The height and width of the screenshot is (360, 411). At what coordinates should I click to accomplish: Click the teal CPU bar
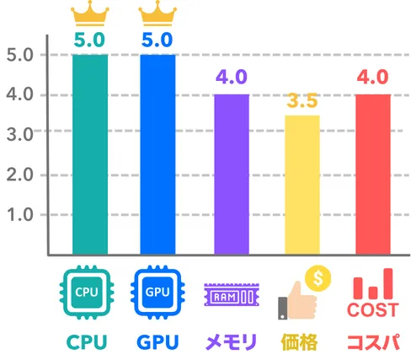click(90, 154)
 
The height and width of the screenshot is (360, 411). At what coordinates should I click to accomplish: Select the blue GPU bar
click(157, 154)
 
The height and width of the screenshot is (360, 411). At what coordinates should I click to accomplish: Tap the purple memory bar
click(232, 175)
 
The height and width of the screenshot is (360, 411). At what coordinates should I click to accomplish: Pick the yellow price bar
click(302, 185)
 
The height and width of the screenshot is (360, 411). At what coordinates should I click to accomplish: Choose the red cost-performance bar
click(373, 175)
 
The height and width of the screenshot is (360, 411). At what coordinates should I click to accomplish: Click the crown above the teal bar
click(90, 13)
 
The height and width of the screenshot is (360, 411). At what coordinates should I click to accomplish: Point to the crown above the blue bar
click(157, 13)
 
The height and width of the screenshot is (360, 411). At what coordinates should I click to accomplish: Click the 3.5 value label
click(302, 100)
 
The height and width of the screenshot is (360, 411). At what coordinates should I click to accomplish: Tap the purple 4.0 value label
click(232, 77)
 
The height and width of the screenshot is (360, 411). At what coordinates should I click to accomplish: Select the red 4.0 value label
click(373, 77)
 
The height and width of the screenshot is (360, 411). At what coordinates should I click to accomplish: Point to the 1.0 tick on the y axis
click(20, 215)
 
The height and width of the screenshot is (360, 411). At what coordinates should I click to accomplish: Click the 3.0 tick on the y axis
click(20, 134)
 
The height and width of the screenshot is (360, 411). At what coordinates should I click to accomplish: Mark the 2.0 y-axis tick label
click(20, 175)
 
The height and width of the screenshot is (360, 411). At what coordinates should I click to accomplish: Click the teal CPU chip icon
click(87, 293)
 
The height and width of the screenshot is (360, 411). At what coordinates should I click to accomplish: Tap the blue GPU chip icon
click(157, 293)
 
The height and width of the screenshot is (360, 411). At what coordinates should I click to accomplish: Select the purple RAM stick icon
click(232, 294)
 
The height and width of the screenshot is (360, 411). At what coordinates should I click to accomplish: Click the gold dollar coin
click(318, 278)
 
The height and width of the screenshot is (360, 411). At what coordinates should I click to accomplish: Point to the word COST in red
click(373, 309)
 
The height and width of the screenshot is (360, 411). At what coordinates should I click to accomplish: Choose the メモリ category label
click(231, 342)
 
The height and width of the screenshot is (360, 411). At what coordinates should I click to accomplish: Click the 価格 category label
click(299, 342)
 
